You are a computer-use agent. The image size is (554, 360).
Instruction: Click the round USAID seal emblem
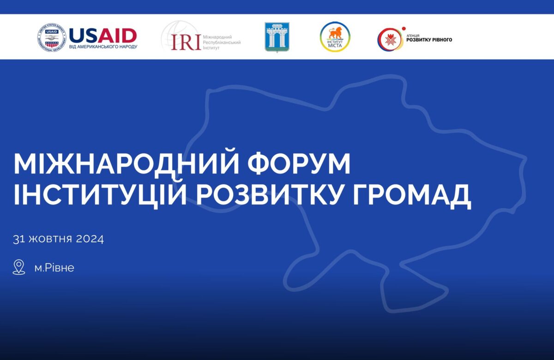click(52, 37)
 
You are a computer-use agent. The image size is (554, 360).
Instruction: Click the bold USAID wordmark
click(102, 35)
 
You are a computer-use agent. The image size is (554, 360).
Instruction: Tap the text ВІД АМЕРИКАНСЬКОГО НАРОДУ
click(103, 47)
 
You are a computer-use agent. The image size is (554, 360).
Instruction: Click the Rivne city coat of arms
click(277, 37)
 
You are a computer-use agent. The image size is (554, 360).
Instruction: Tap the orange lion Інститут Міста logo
click(335, 37)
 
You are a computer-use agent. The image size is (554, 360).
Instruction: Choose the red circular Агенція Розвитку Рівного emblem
click(389, 39)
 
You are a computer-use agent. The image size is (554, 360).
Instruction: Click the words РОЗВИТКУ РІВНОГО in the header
click(429, 40)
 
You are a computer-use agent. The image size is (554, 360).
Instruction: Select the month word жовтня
click(50, 239)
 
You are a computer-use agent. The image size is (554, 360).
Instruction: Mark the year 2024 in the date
click(89, 239)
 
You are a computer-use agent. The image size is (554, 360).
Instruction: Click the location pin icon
click(19, 267)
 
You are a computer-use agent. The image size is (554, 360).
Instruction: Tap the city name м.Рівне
click(54, 268)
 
